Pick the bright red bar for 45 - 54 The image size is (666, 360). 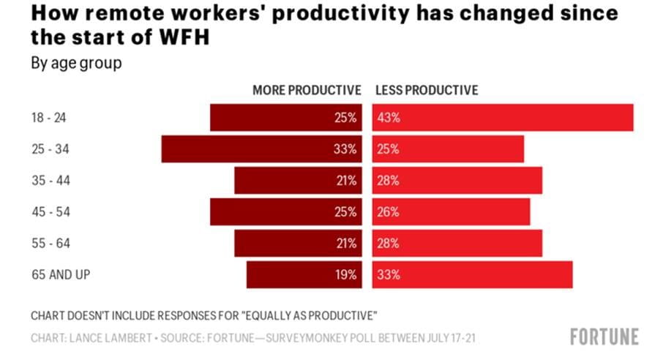click(451, 212)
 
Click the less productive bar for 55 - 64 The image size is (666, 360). click(457, 244)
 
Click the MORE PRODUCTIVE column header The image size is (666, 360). click(307, 90)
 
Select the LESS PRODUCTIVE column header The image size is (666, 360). click(427, 90)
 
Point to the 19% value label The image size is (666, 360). click(345, 275)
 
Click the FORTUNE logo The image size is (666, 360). click(604, 337)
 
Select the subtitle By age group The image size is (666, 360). click(76, 63)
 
